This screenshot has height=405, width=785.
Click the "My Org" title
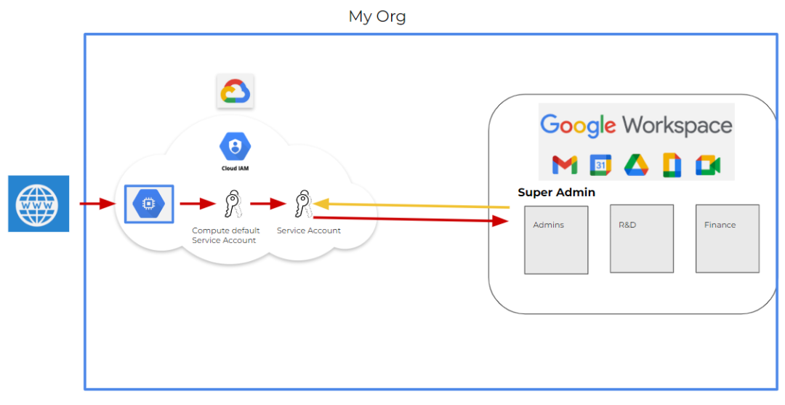pyautogui.click(x=377, y=16)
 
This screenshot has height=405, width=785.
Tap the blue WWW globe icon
pyautogui.click(x=39, y=204)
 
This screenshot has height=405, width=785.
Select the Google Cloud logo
pyautogui.click(x=235, y=92)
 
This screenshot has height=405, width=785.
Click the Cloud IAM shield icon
pyautogui.click(x=235, y=147)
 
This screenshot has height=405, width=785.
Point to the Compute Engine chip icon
pyautogui.click(x=148, y=204)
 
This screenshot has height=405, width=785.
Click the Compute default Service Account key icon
pyautogui.click(x=231, y=204)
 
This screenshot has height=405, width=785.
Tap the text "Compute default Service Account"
pyautogui.click(x=225, y=236)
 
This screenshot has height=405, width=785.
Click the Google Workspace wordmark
pyautogui.click(x=636, y=125)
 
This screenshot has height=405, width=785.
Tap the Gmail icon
pyautogui.click(x=565, y=165)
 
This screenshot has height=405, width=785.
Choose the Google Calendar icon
pyautogui.click(x=600, y=165)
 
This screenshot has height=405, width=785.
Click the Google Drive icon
pyautogui.click(x=636, y=165)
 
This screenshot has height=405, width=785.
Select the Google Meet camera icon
pyautogui.click(x=707, y=165)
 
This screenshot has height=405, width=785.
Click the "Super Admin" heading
pyautogui.click(x=556, y=193)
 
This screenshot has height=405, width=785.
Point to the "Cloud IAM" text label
pyautogui.click(x=235, y=168)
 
